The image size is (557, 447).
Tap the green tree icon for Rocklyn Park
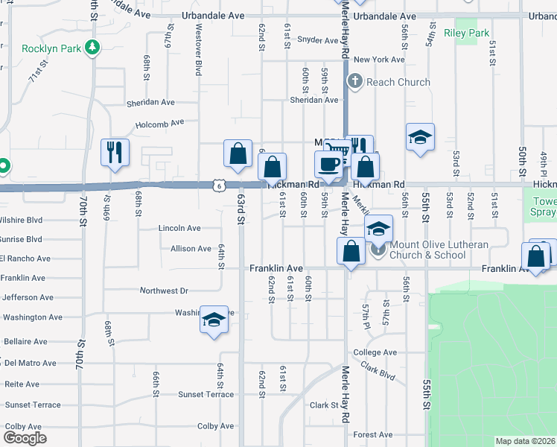pos(92,48)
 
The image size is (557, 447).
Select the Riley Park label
pos(466,33)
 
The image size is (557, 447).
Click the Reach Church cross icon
pos(354,82)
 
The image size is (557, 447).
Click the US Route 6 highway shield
pos(215,185)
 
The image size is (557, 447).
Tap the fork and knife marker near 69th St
pos(115,152)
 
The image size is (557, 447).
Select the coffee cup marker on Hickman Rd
pos(328,164)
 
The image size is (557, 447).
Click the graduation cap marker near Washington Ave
pos(214,320)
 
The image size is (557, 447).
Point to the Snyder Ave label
pos(318,41)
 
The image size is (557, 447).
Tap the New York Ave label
pos(379,60)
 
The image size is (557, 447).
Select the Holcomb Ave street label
pos(159,124)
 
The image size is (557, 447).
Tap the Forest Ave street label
pos(373,435)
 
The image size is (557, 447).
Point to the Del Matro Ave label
pos(30,364)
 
